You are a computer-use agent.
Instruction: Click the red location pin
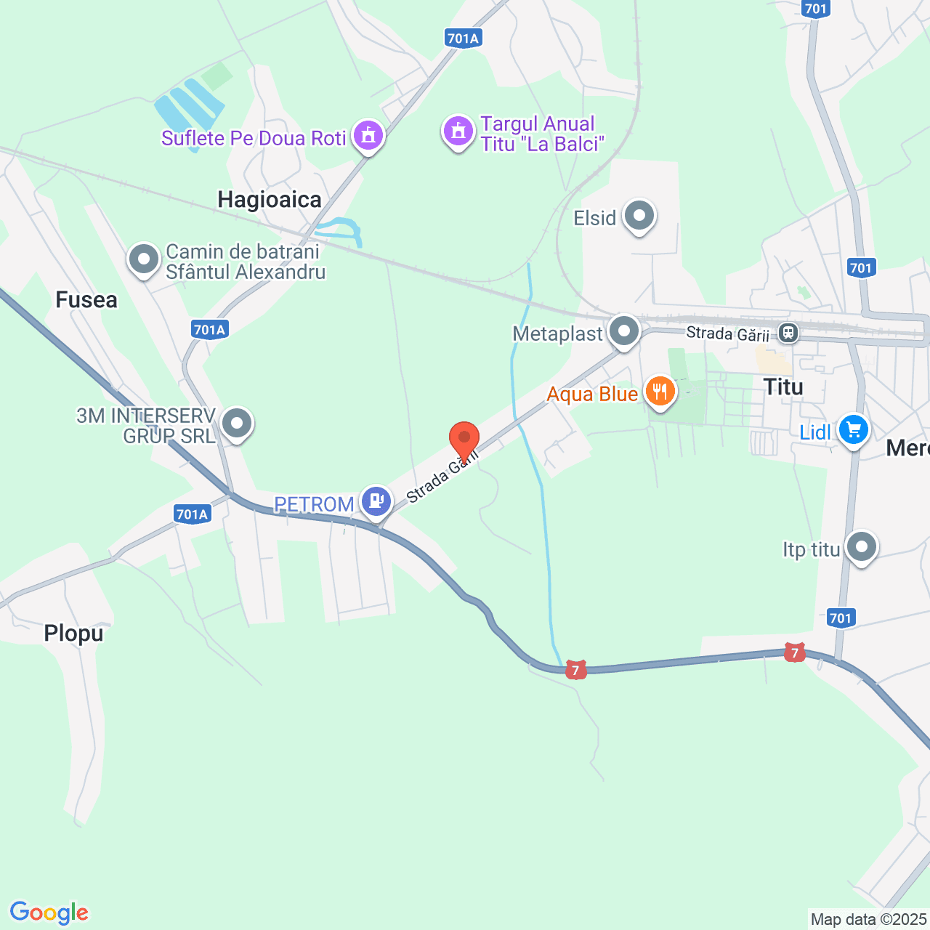pyautogui.click(x=464, y=439)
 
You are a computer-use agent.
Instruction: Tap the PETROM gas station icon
pyautogui.click(x=376, y=501)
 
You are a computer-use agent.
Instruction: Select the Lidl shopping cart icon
pyautogui.click(x=853, y=430)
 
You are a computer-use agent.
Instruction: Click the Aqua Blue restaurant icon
pyautogui.click(x=660, y=392)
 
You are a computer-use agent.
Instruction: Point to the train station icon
pyautogui.click(x=788, y=333)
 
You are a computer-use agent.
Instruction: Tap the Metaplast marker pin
pyautogui.click(x=623, y=331)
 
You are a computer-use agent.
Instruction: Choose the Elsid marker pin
pyautogui.click(x=639, y=216)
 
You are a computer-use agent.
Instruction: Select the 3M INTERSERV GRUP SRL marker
pyautogui.click(x=236, y=423)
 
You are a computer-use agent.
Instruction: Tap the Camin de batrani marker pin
pyautogui.click(x=144, y=259)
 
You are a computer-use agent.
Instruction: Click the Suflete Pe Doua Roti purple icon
pyautogui.click(x=368, y=135)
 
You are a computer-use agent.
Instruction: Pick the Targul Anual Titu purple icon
pyautogui.click(x=458, y=132)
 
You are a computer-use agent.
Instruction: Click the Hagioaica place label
pyautogui.click(x=270, y=200)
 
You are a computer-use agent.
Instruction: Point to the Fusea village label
pyautogui.click(x=86, y=300)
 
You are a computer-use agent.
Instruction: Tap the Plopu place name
pyautogui.click(x=73, y=634)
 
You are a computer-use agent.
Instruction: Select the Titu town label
pyautogui.click(x=783, y=387)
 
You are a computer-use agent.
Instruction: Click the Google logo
pyautogui.click(x=49, y=913)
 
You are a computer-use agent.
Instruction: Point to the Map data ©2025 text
pyautogui.click(x=868, y=920)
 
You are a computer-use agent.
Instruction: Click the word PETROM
pyautogui.click(x=314, y=504)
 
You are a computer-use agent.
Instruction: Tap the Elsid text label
pyautogui.click(x=594, y=218)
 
